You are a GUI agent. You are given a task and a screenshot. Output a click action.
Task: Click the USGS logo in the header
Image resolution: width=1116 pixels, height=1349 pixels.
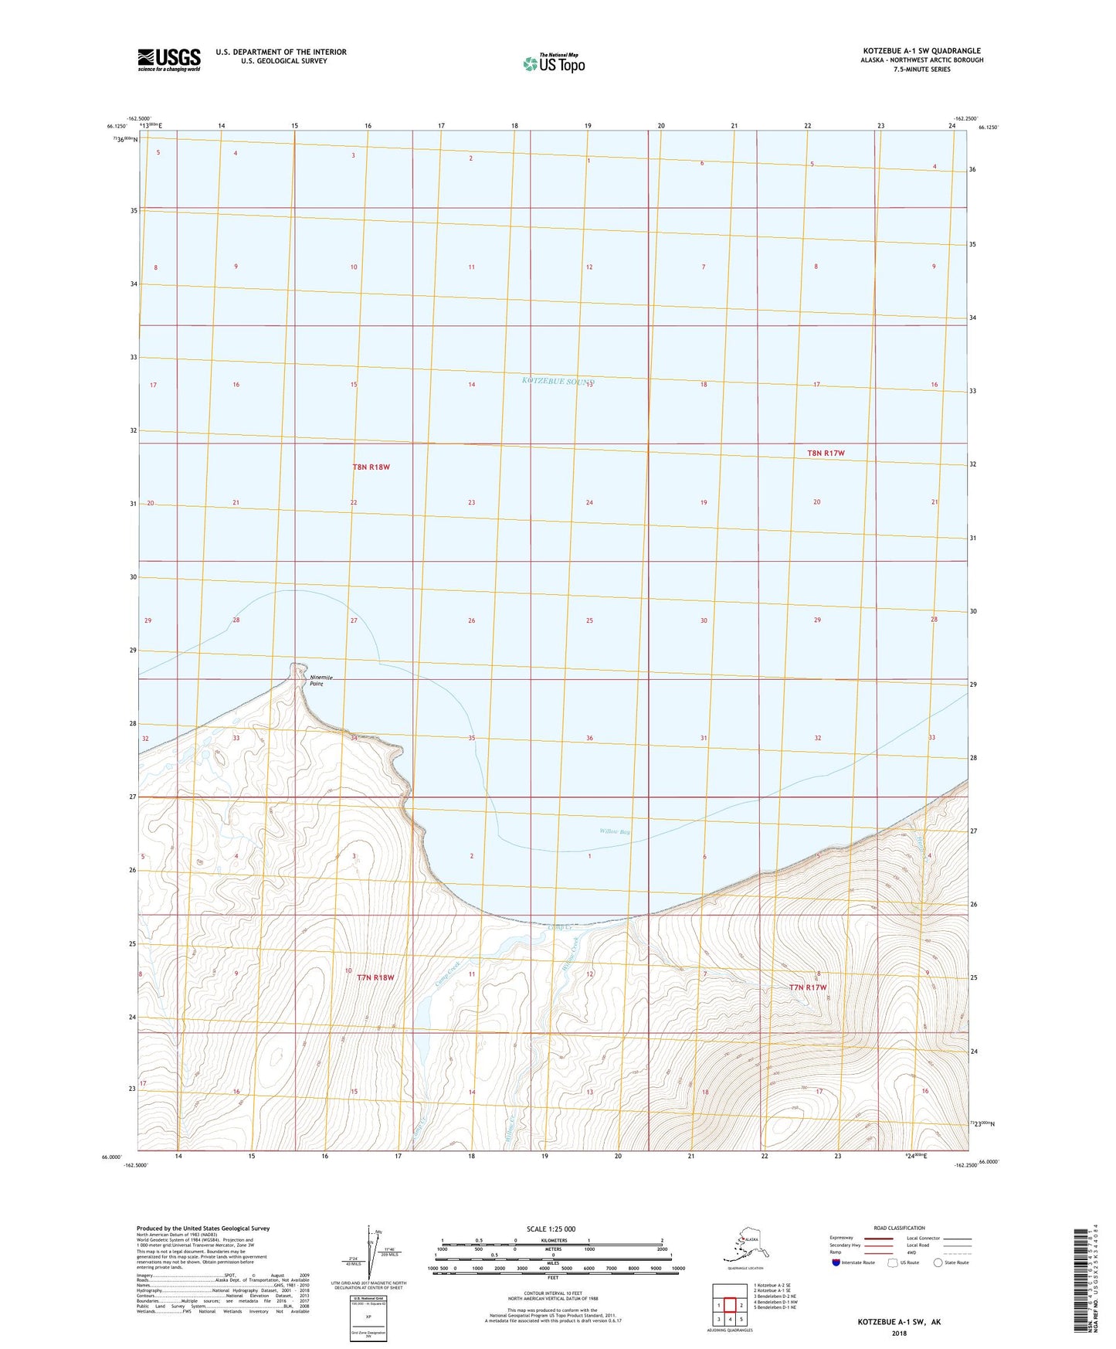[168, 59]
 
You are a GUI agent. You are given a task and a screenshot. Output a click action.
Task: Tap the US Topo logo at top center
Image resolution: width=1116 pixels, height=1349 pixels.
[553, 63]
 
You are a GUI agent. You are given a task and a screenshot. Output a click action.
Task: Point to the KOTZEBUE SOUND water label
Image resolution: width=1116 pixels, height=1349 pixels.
[557, 381]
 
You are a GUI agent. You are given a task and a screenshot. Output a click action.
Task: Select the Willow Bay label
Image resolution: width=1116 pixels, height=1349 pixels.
[615, 832]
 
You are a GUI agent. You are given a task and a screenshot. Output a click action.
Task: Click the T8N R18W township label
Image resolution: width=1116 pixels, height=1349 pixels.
[371, 467]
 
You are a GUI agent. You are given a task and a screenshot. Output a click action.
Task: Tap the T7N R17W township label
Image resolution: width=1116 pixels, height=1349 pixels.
[808, 987]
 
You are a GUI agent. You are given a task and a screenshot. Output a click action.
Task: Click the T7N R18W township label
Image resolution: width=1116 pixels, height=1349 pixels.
[375, 977]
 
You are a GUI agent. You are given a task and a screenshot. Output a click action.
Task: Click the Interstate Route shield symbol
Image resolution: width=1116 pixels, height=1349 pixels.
[836, 1262]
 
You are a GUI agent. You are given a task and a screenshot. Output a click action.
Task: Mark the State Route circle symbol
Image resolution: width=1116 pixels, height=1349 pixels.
[938, 1262]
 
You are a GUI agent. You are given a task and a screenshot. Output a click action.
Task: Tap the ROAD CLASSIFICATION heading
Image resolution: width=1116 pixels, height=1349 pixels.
[899, 1228]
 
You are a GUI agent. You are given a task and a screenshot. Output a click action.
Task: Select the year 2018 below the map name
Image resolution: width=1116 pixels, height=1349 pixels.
[899, 1333]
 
